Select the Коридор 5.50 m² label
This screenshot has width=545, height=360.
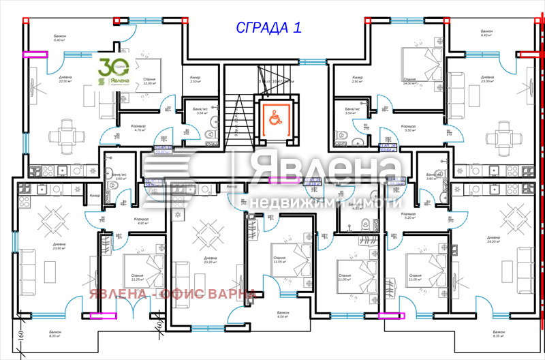click(408, 128)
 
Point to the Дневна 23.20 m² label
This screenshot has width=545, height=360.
click(211, 260)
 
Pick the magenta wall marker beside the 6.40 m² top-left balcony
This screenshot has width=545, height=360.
click(35, 55)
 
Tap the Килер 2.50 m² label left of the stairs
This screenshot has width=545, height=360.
click(195, 80)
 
